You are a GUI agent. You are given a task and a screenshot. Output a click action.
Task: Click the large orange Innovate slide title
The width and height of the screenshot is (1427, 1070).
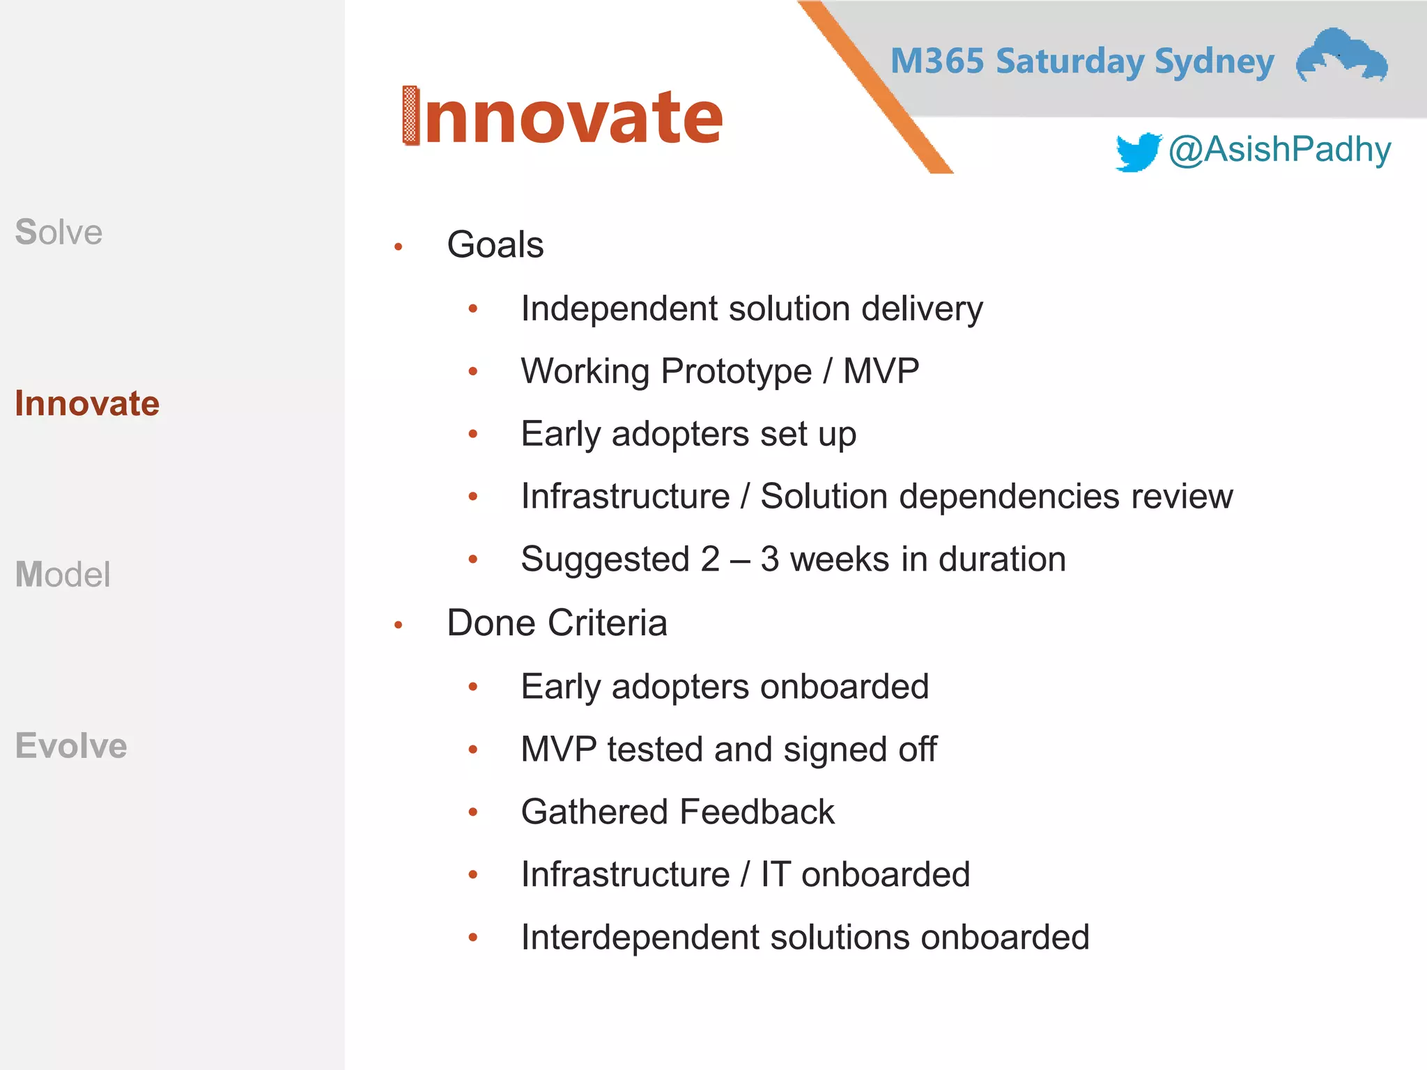pyautogui.click(x=563, y=117)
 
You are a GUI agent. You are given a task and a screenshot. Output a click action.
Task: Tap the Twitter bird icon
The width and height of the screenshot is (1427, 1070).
pyautogui.click(x=1137, y=151)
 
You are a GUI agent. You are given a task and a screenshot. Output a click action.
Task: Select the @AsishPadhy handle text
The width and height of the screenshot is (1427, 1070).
pyautogui.click(x=1279, y=150)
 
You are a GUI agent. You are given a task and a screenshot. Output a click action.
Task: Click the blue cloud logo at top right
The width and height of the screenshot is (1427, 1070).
pyautogui.click(x=1341, y=56)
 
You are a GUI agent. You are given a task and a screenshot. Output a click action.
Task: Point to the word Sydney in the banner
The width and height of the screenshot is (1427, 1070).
pyautogui.click(x=1214, y=61)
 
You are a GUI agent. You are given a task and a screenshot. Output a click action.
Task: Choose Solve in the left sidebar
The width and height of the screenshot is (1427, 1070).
pyautogui.click(x=59, y=232)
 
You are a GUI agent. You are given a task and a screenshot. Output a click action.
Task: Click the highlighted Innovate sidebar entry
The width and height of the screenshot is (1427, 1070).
pyautogui.click(x=87, y=403)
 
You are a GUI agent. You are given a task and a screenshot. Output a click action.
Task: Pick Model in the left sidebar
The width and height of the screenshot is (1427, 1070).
pyautogui.click(x=63, y=575)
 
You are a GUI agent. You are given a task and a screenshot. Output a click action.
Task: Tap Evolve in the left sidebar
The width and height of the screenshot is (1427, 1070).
pyautogui.click(x=71, y=745)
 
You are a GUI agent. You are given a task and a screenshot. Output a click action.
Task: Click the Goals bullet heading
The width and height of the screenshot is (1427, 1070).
pyautogui.click(x=495, y=245)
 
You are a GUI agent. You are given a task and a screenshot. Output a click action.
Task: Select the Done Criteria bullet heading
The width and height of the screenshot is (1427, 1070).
pyautogui.click(x=557, y=623)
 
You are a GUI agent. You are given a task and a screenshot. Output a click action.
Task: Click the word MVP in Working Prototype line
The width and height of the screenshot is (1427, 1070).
pyautogui.click(x=881, y=371)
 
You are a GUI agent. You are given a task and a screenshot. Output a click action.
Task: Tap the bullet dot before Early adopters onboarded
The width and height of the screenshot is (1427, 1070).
pyautogui.click(x=473, y=687)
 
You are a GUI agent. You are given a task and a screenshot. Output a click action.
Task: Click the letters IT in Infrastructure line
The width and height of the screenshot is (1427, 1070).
pyautogui.click(x=776, y=874)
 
